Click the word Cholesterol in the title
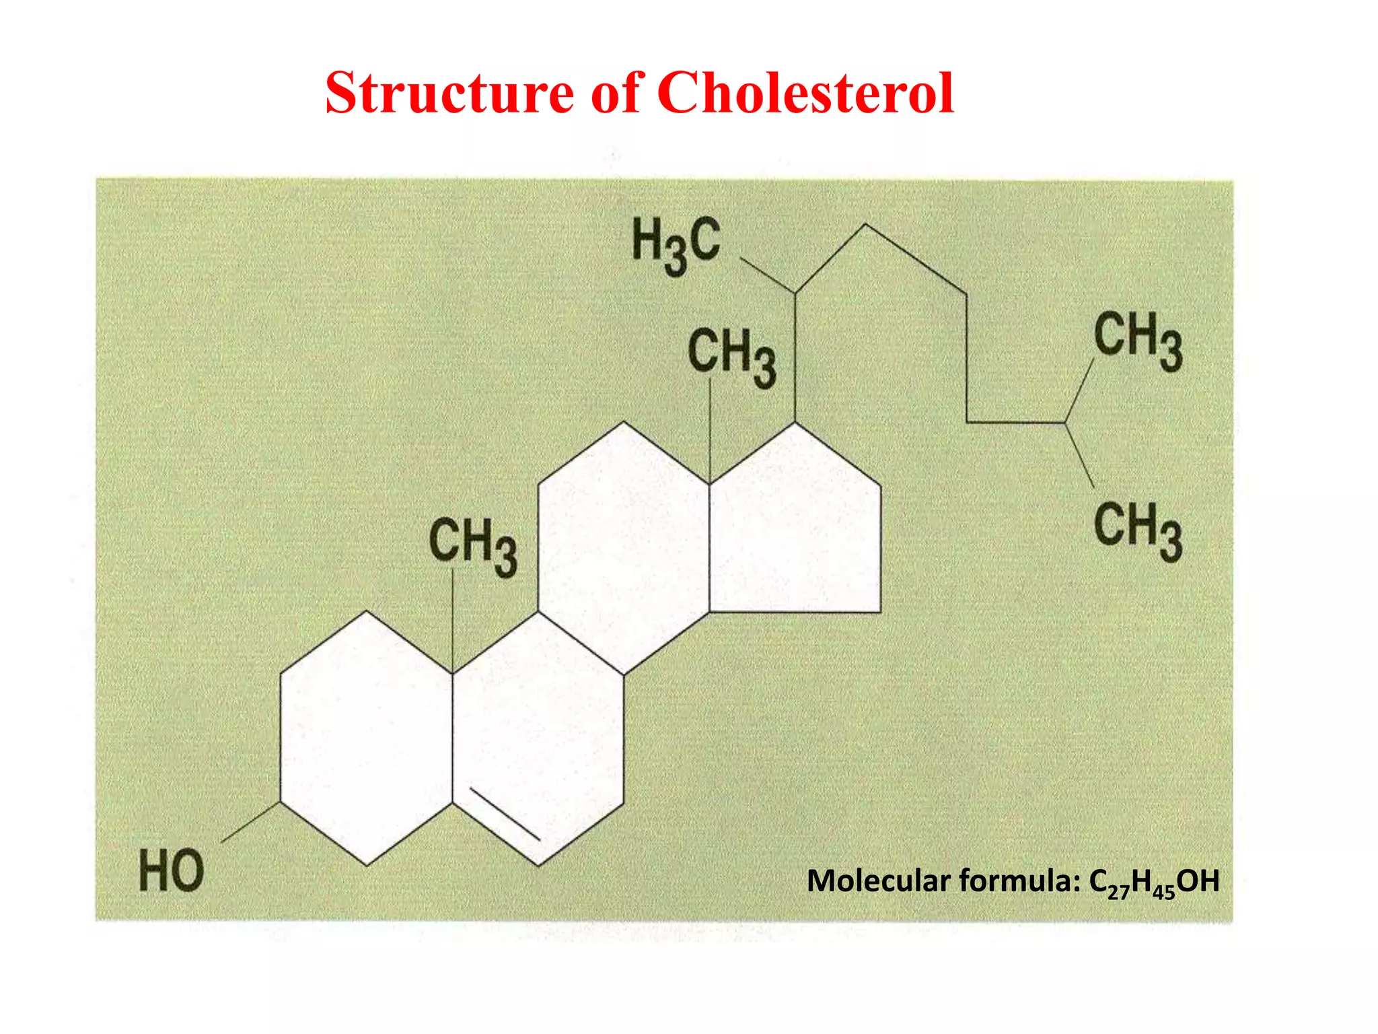805,94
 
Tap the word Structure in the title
449,94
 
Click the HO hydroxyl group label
171,870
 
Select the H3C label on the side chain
676,245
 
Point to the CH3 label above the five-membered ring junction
731,357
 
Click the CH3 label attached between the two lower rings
473,547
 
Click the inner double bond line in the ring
505,813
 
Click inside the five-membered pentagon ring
794,532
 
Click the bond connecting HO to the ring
251,822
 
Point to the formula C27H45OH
1154,882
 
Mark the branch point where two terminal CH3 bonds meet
1065,423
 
